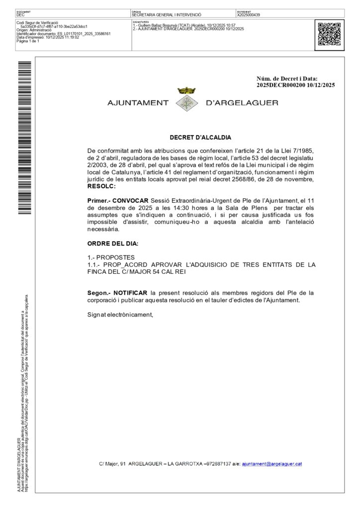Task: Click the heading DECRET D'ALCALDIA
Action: (200, 138)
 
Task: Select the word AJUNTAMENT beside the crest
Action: (138, 103)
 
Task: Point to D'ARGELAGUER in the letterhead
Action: (242, 103)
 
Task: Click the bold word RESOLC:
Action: (101, 186)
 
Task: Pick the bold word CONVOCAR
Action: (130, 200)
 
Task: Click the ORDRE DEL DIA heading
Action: (113, 244)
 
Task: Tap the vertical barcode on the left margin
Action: (25, 137)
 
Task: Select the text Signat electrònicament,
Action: (120, 315)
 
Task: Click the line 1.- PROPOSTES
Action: (111, 257)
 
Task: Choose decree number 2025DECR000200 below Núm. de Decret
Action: (280, 85)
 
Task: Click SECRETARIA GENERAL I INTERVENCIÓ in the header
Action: (167, 15)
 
